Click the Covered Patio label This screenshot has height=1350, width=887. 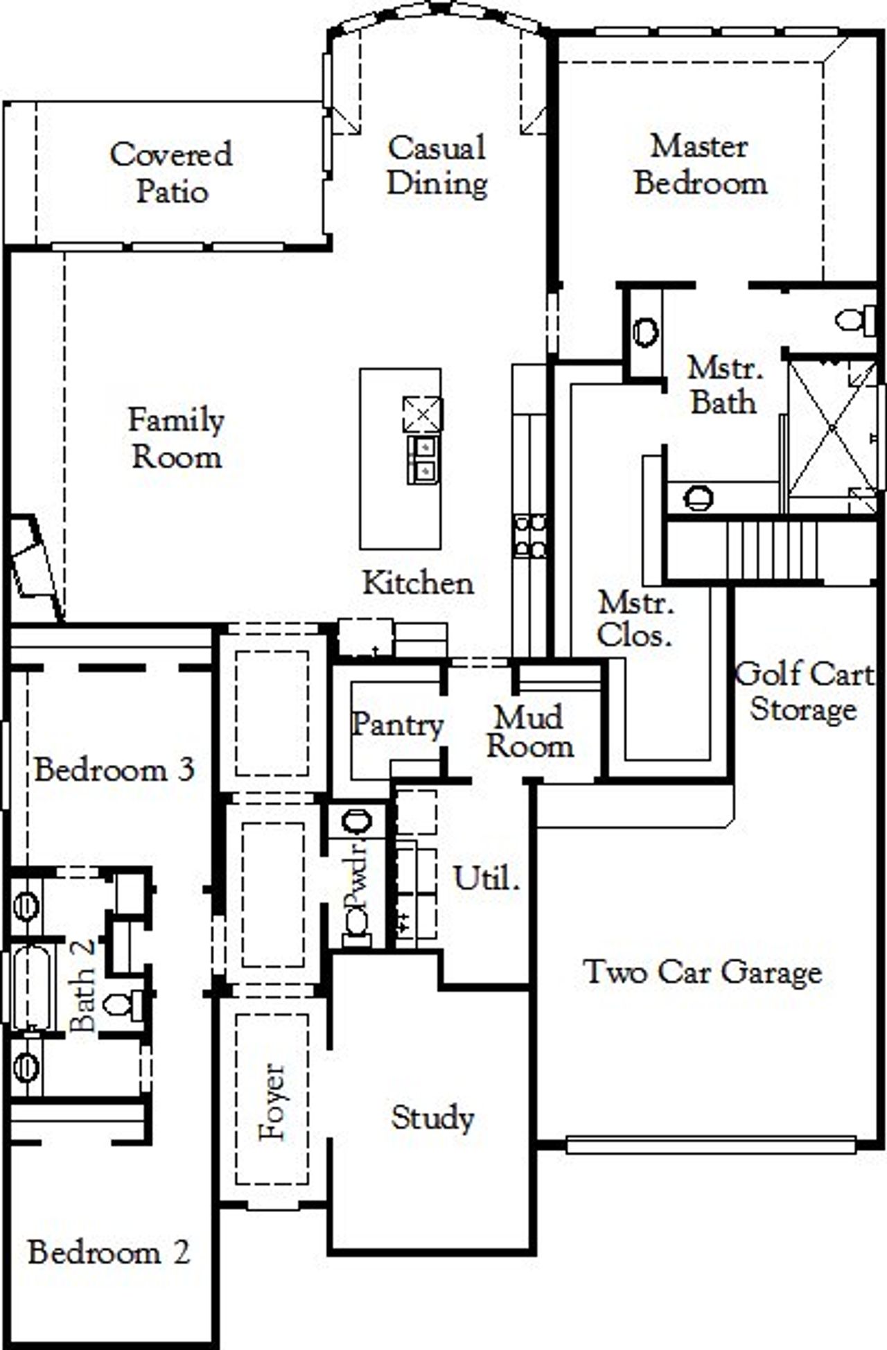[171, 173]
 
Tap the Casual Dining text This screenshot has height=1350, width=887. [437, 166]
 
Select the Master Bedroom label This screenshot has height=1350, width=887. [700, 165]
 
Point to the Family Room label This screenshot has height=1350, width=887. [177, 439]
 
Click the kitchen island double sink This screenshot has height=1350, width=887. [423, 459]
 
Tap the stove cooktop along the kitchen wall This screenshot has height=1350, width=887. [529, 536]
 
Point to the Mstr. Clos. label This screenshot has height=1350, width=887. [635, 619]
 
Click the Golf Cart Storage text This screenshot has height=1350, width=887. [804, 691]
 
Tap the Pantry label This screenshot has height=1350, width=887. [396, 725]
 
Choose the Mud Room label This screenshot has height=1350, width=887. [529, 732]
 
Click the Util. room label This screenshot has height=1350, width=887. [486, 879]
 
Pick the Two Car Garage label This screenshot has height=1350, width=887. [703, 972]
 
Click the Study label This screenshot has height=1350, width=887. [432, 1117]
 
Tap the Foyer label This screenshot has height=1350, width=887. [272, 1101]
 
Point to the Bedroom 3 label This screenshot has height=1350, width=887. [114, 770]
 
